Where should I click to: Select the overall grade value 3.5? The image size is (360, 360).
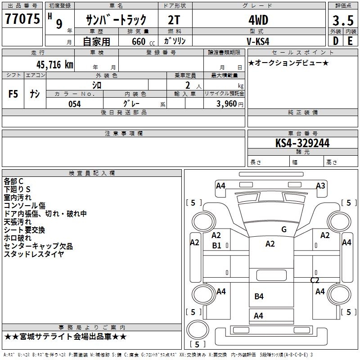[342, 21]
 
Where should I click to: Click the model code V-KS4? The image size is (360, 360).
[258, 41]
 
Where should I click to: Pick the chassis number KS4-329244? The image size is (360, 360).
[302, 143]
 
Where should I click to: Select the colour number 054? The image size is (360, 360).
[74, 104]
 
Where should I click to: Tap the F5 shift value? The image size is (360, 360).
[13, 94]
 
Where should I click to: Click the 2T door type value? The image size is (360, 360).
[174, 20]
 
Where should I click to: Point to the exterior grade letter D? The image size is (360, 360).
[335, 41]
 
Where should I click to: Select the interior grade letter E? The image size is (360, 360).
[350, 41]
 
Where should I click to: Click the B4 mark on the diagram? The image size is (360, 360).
[259, 296]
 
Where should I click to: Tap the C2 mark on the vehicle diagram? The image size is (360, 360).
[315, 280]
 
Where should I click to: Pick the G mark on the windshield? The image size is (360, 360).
[283, 229]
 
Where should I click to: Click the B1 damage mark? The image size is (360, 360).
[216, 245]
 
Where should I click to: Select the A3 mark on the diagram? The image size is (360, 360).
[320, 185]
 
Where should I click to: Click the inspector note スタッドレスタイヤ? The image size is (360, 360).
[34, 254]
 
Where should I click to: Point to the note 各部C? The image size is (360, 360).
[13, 181]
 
